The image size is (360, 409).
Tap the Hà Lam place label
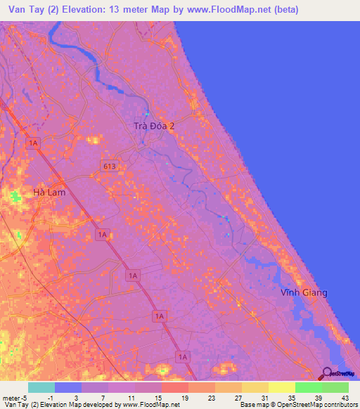click(49, 191)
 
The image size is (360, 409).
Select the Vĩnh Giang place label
click(304, 292)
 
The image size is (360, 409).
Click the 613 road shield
click(108, 166)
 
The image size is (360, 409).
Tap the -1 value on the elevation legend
click(42, 397)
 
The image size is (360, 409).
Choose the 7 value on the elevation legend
click(96, 397)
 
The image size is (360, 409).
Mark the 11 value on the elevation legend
click(122, 397)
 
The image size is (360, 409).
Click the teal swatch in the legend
click(41, 387)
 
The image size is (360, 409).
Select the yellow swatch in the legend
click(282, 387)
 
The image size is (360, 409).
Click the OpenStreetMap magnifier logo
click(327, 374)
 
